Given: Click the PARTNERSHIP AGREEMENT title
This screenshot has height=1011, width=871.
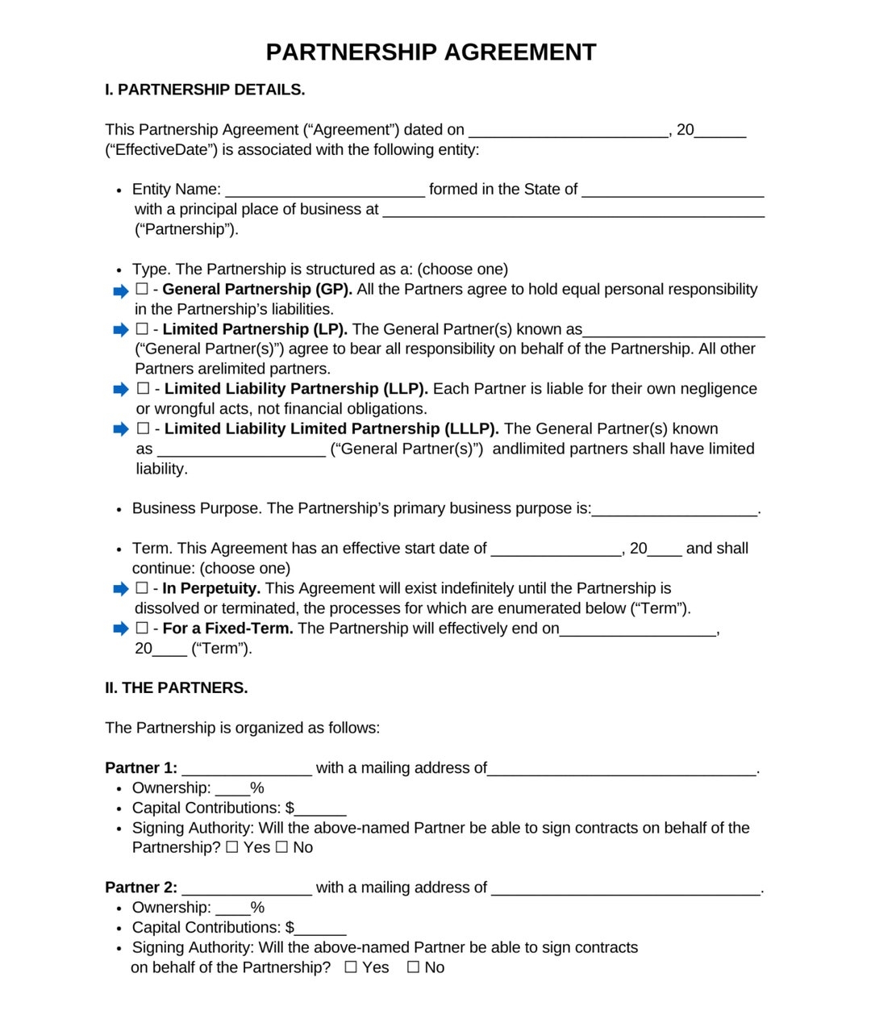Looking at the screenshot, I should pos(431,52).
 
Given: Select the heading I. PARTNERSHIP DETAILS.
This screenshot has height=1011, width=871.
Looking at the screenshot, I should pos(205,90).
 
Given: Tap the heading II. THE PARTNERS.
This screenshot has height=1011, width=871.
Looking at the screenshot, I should pos(176,687).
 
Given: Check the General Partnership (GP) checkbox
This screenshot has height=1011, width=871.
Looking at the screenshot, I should pos(142,289).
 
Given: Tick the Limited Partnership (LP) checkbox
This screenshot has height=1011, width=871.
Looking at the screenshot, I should pos(142,329).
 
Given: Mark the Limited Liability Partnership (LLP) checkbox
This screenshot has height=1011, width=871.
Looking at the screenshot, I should pos(143,389).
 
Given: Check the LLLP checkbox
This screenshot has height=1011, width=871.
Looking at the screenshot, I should pos(143,428).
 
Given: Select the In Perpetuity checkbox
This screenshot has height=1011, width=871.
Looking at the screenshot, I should pos(142,588).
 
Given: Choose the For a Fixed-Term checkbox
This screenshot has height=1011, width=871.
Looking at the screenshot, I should pos(142,628).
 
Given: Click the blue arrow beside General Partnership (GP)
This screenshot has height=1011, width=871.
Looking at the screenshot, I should pos(121,290).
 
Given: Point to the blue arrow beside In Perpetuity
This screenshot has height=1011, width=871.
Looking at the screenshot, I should pos(121,589).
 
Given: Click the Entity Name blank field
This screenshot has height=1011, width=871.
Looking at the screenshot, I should pos(325,190).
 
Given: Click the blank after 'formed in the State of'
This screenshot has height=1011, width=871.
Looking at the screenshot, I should pos(673,190).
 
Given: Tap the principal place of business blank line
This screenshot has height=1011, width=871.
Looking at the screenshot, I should pos(573,211).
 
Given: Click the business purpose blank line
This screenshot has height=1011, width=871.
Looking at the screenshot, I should pos(674,510).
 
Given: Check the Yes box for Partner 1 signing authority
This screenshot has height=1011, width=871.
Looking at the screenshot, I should pos(232,847).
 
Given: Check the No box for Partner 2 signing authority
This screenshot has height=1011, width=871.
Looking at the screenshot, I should pos(413,967).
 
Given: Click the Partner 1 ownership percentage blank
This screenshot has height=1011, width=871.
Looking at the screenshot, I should pos(232,789).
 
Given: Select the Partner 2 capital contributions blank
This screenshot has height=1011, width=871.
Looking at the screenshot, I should pos(320,929).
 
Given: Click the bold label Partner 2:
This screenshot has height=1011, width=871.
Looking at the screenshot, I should pos(141,888).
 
